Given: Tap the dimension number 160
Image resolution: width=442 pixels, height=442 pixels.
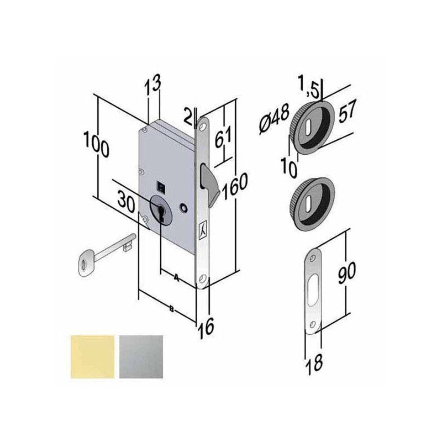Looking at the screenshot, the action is pos(235,186).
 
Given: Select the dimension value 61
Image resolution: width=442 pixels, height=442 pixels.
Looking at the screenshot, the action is pos(223,137).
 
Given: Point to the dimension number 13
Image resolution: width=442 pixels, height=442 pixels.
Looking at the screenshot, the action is pos(153,83).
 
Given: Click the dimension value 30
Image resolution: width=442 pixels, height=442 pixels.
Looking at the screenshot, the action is pos(127,202).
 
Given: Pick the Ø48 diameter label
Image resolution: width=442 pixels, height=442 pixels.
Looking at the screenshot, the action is pos(274,118).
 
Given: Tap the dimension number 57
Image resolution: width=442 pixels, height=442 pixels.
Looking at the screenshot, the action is pos(347,111).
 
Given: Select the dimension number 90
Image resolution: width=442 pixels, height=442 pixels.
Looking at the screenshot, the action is pos(347,272).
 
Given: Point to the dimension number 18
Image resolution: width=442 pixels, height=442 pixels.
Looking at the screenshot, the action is pos(314,364).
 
